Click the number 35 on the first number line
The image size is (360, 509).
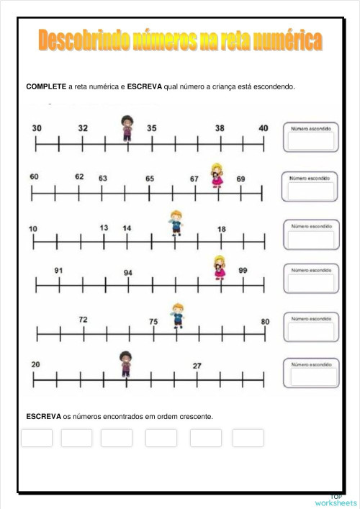pos(151,128)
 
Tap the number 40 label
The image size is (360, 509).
pos(264,128)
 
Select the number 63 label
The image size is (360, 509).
pos(103,178)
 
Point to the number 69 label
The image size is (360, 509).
pos(240,179)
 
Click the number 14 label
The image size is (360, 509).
pos(127,228)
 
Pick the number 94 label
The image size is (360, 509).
pos(127,273)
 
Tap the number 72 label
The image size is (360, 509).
pos(83,320)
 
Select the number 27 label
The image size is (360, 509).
pos(197,366)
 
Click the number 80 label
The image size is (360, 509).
pos(265,322)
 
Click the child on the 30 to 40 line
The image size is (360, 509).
pos(127,128)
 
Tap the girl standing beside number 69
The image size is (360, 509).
pos(217,175)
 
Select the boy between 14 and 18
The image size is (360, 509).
pos(176,222)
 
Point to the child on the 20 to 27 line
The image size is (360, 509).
pos(126,364)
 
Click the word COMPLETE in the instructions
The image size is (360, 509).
pos(46,87)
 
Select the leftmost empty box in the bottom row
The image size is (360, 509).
pos(37,438)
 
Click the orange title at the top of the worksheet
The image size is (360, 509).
pos(180,41)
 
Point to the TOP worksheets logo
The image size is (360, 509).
pos(336,500)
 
